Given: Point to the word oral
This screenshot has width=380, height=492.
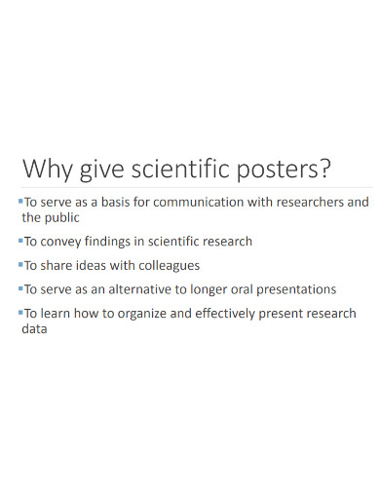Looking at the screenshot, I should (x=238, y=289).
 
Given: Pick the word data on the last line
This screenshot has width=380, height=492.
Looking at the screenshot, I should (x=34, y=328).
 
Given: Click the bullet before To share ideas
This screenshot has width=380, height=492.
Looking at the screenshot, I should (x=19, y=264).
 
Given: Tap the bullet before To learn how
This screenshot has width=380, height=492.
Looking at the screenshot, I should (x=19, y=312).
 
